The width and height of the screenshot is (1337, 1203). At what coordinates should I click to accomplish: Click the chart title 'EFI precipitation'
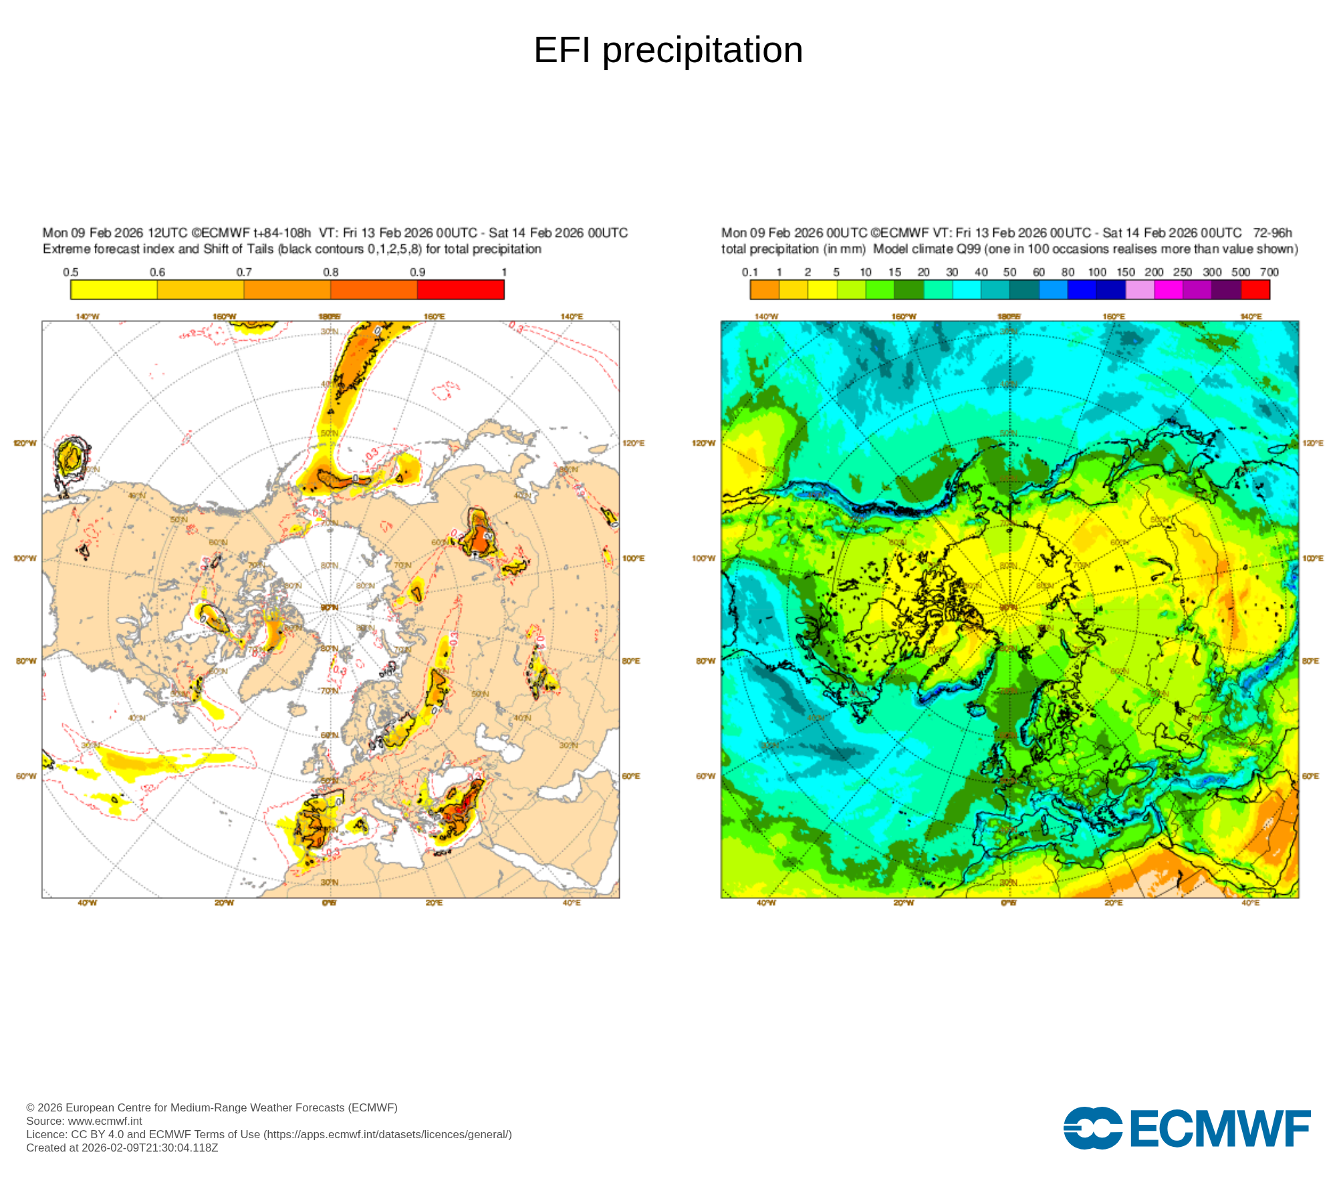668,50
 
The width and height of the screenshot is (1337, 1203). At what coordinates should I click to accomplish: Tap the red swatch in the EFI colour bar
461,289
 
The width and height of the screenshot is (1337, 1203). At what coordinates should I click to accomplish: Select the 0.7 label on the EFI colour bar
244,272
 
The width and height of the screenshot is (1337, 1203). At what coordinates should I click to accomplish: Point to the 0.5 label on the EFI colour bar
71,272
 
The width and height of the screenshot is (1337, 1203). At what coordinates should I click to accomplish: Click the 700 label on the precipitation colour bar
1269,272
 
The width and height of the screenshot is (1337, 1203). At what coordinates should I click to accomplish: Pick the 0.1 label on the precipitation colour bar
750,272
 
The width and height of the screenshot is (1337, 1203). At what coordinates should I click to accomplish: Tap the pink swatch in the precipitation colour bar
1140,289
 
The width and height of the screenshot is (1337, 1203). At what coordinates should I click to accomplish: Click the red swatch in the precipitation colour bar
1255,289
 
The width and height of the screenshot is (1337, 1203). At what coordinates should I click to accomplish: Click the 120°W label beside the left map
25,443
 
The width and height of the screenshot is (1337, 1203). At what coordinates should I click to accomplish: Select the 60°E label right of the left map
631,776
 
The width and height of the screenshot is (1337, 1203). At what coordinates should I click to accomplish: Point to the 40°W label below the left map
87,903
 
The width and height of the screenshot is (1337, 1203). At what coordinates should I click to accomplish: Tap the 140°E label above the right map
1251,316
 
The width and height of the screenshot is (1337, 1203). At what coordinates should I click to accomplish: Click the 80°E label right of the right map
1310,661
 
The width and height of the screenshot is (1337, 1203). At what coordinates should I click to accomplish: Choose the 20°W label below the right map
903,903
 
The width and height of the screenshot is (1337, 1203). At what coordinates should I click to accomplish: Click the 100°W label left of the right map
703,558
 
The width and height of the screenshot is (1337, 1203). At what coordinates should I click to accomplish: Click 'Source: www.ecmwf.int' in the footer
84,1121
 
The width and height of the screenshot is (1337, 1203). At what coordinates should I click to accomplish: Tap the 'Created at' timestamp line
122,1148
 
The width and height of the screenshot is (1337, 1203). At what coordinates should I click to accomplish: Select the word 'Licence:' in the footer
47,1134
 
